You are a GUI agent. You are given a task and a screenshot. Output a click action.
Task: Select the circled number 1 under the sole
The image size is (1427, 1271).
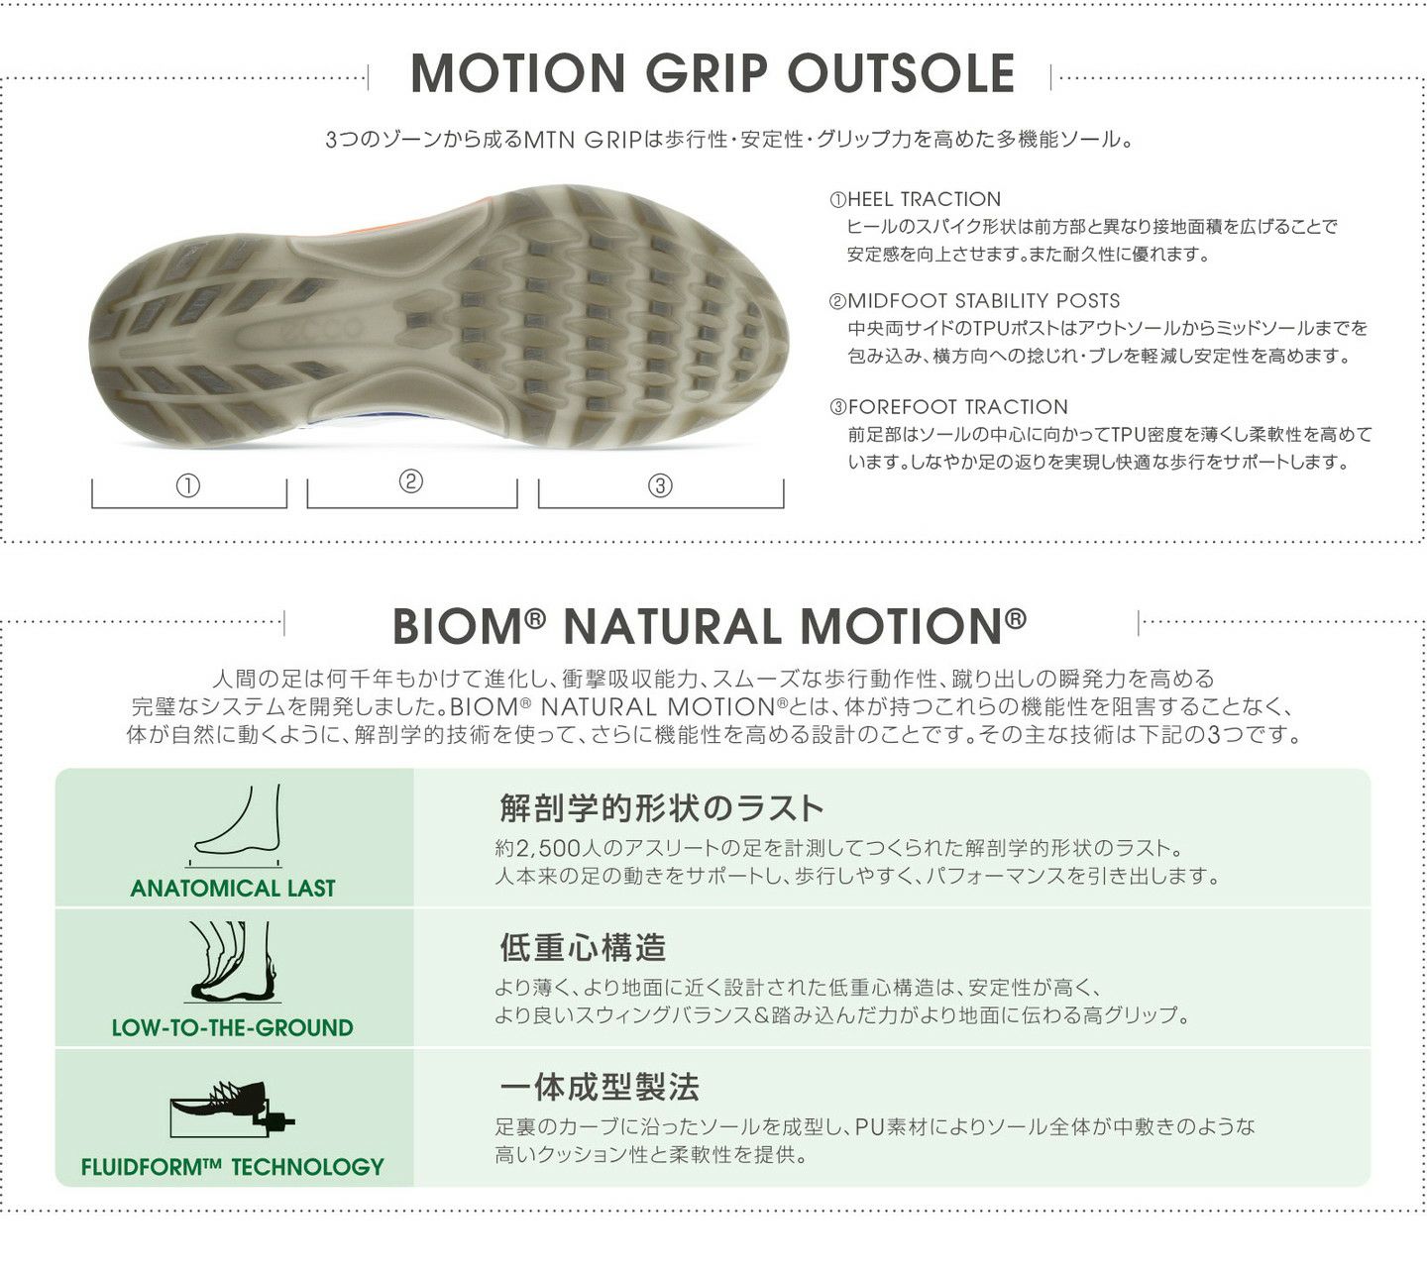188,485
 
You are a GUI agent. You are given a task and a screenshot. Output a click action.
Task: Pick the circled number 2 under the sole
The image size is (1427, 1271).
411,482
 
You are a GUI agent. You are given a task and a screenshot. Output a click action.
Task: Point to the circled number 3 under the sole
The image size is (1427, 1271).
660,485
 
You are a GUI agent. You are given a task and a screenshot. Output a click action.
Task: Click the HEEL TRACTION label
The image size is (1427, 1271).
915,199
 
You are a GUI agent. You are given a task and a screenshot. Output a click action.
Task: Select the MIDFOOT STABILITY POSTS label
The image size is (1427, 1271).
975,301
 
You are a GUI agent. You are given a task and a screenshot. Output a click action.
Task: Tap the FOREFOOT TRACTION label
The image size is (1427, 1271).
948,407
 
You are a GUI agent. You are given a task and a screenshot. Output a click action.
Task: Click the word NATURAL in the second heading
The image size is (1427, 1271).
673,626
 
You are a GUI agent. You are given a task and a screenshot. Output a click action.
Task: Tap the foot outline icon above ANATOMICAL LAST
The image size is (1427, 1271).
235,822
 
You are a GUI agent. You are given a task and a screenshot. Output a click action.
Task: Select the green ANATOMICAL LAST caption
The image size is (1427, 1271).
233,889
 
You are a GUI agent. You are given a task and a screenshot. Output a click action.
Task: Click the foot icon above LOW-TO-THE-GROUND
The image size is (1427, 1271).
233,961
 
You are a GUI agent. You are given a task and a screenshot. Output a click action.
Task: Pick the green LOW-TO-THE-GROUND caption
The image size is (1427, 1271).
233,1027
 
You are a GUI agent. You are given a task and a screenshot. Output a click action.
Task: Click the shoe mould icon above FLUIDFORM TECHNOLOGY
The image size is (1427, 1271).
233,1108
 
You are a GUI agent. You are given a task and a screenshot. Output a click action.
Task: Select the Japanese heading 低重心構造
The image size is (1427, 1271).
583,948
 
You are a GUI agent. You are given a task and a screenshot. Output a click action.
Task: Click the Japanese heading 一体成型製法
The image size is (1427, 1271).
600,1088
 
